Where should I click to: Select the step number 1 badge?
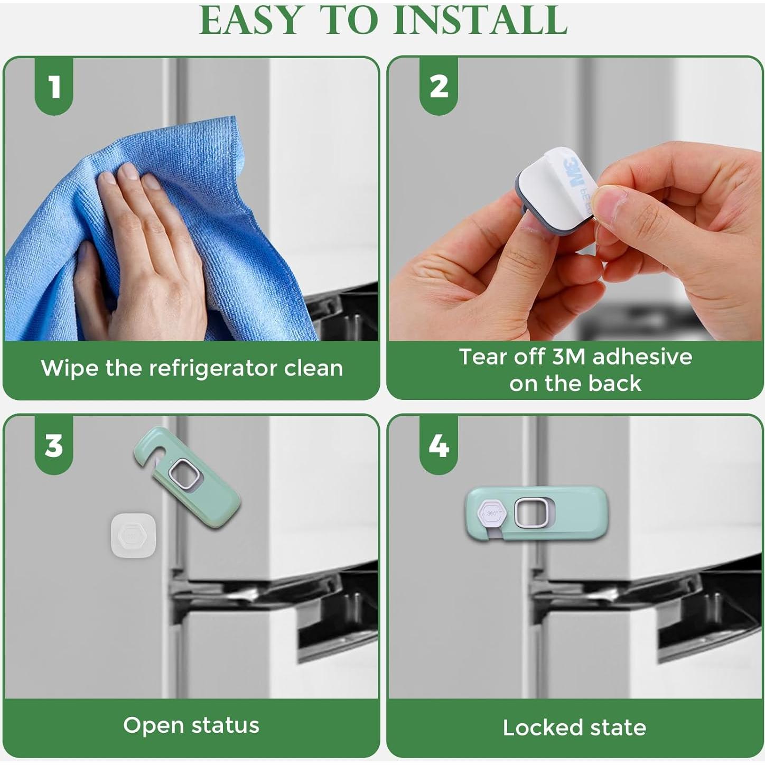click(x=54, y=86)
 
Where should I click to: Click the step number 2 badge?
click(x=439, y=86)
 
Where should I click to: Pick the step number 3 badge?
click(x=54, y=445)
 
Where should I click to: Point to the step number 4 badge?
click(x=439, y=445)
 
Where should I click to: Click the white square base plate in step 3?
click(x=133, y=535)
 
